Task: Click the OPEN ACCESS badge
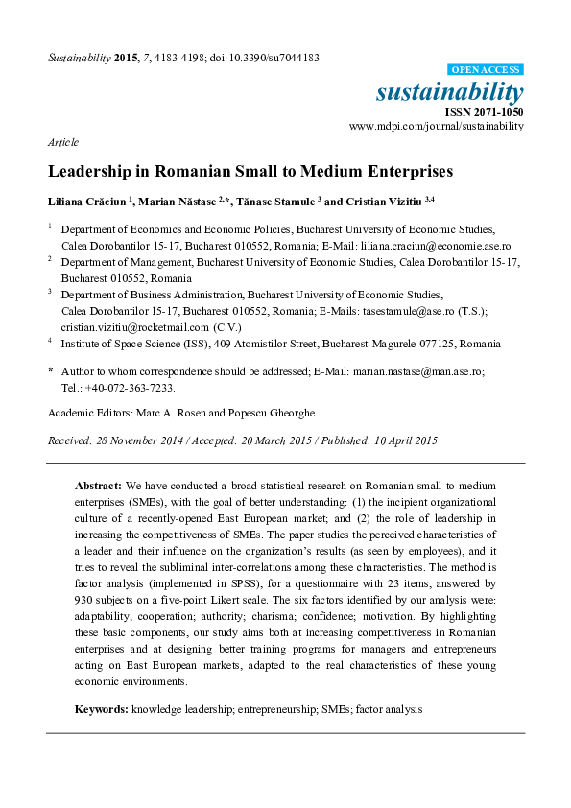486,70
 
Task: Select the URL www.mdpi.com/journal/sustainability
437,126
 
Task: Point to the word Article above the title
62,141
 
